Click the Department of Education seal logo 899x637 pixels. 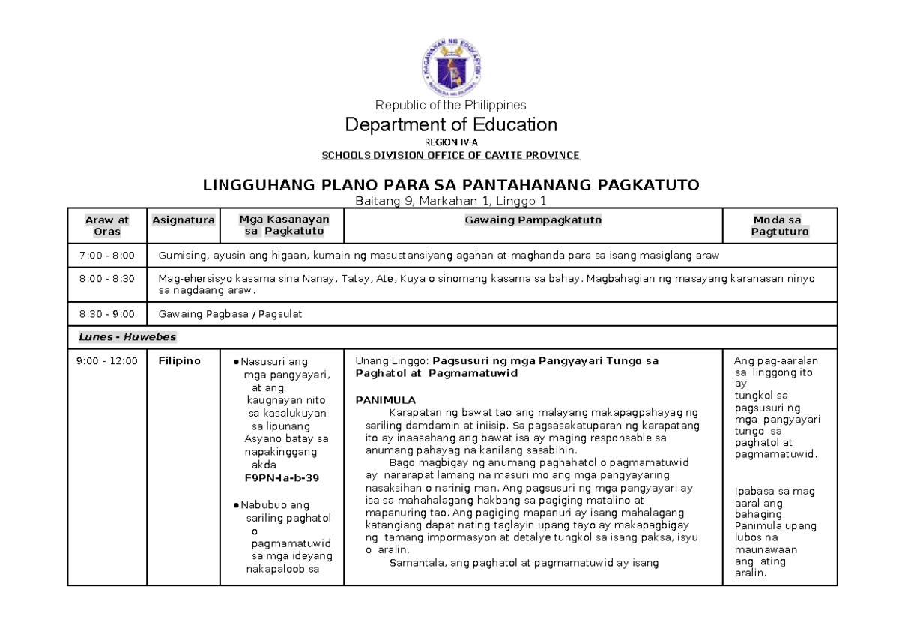click(x=450, y=68)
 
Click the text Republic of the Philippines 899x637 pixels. click(x=450, y=105)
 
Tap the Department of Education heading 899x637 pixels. click(x=450, y=124)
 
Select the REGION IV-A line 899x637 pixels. click(x=450, y=142)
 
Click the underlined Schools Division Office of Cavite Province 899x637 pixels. click(x=450, y=156)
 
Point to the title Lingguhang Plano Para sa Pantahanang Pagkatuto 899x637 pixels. click(x=450, y=185)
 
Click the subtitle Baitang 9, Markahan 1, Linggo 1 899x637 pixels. click(x=450, y=200)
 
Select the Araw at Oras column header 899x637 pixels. click(x=106, y=226)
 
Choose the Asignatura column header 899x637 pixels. click(x=184, y=220)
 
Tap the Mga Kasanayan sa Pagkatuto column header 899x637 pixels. click(x=284, y=226)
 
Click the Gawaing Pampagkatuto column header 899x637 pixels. click(x=533, y=220)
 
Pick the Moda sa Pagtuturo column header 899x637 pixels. click(x=779, y=226)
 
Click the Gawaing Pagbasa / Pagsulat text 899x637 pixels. click(x=230, y=314)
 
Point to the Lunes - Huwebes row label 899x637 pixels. click(x=117, y=337)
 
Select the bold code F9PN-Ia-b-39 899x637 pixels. click(x=282, y=477)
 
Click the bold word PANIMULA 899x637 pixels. click(x=385, y=400)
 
